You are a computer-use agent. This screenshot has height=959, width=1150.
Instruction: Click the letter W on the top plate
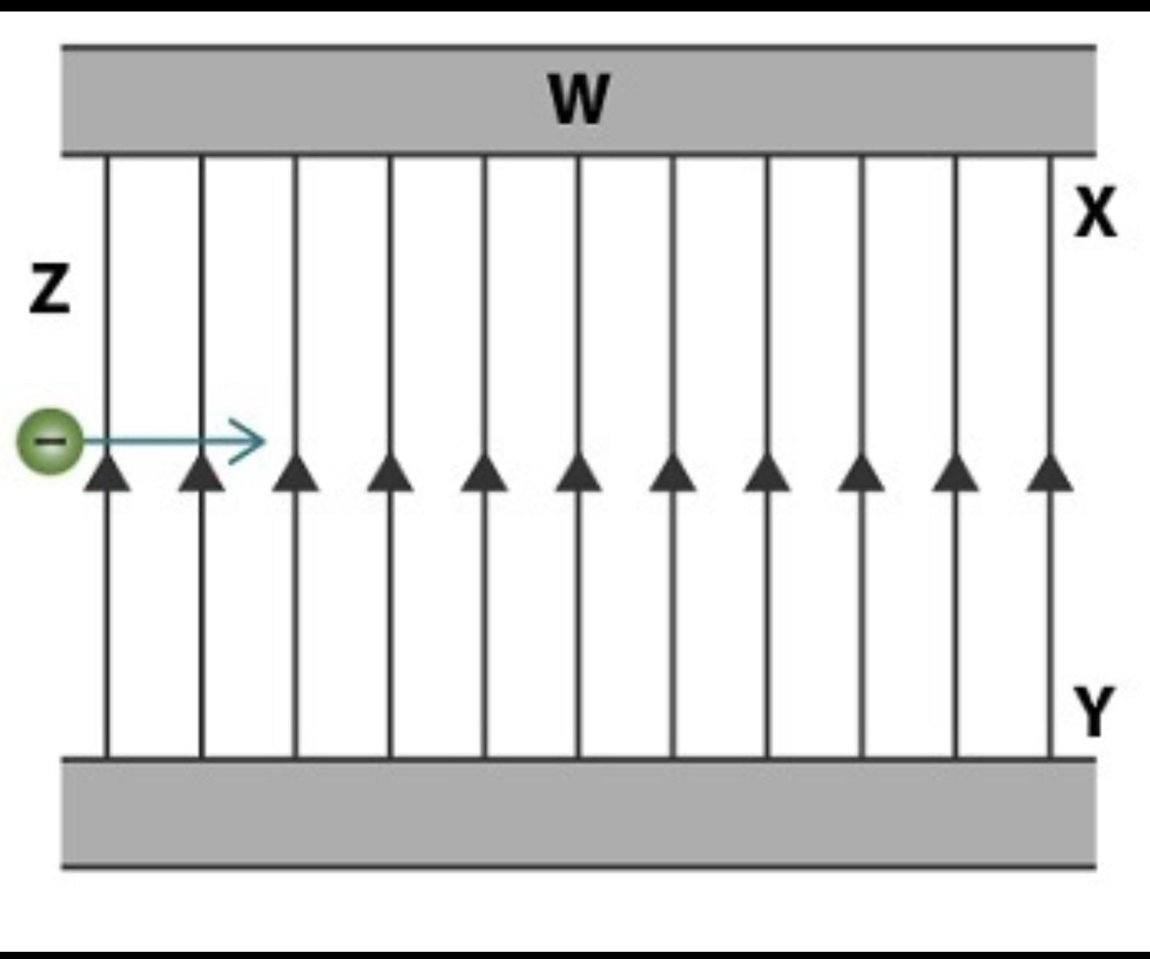pyautogui.click(x=579, y=99)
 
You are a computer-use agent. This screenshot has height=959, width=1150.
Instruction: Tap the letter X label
pyautogui.click(x=1095, y=212)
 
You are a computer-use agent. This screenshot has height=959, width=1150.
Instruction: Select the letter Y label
pyautogui.click(x=1095, y=711)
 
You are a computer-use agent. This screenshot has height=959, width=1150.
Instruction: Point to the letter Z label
pyautogui.click(x=50, y=289)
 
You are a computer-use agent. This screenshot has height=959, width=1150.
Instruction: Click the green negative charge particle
pyautogui.click(x=50, y=441)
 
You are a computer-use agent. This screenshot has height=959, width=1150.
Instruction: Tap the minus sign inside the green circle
pyautogui.click(x=50, y=440)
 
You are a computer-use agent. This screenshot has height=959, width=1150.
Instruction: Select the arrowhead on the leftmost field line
pyautogui.click(x=107, y=474)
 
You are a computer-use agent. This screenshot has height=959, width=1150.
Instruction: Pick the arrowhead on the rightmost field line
pyautogui.click(x=1050, y=474)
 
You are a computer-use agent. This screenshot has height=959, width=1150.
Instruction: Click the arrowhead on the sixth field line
pyautogui.click(x=579, y=474)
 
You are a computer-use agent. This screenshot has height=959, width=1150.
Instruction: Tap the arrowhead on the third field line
pyautogui.click(x=295, y=474)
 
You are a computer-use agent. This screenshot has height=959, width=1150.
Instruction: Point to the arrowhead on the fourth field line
pyautogui.click(x=390, y=474)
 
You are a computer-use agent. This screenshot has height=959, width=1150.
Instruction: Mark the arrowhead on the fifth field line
pyautogui.click(x=484, y=474)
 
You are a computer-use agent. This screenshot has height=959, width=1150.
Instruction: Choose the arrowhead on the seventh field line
pyautogui.click(x=673, y=474)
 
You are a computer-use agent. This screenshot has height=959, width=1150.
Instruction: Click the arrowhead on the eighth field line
pyautogui.click(x=767, y=474)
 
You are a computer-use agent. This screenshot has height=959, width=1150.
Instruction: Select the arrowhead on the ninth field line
pyautogui.click(x=862, y=474)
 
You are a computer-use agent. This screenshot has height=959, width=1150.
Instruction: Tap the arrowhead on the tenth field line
pyautogui.click(x=956, y=474)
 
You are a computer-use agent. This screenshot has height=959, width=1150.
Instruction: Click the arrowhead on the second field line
pyautogui.click(x=201, y=474)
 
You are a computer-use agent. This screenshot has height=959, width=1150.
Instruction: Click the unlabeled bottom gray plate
pyautogui.click(x=579, y=813)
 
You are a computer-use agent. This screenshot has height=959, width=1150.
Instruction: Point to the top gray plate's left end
pyautogui.click(x=72, y=101)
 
